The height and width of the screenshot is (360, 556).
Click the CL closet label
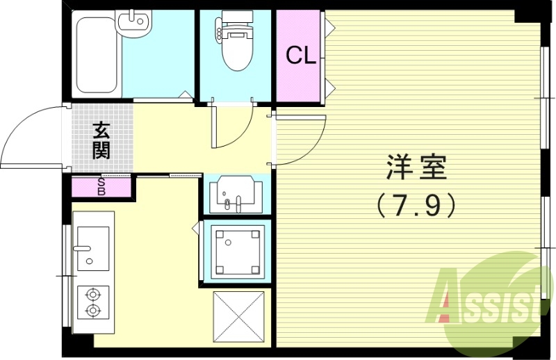pos(302,56)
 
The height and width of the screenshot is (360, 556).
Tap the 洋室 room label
pos(416,167)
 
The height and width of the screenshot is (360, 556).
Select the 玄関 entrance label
pos(101,140)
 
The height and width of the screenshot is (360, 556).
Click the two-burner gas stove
pos(92,302)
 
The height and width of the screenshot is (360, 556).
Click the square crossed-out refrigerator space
pos(238,316)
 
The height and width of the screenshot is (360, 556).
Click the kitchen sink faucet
pos(83,247)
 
